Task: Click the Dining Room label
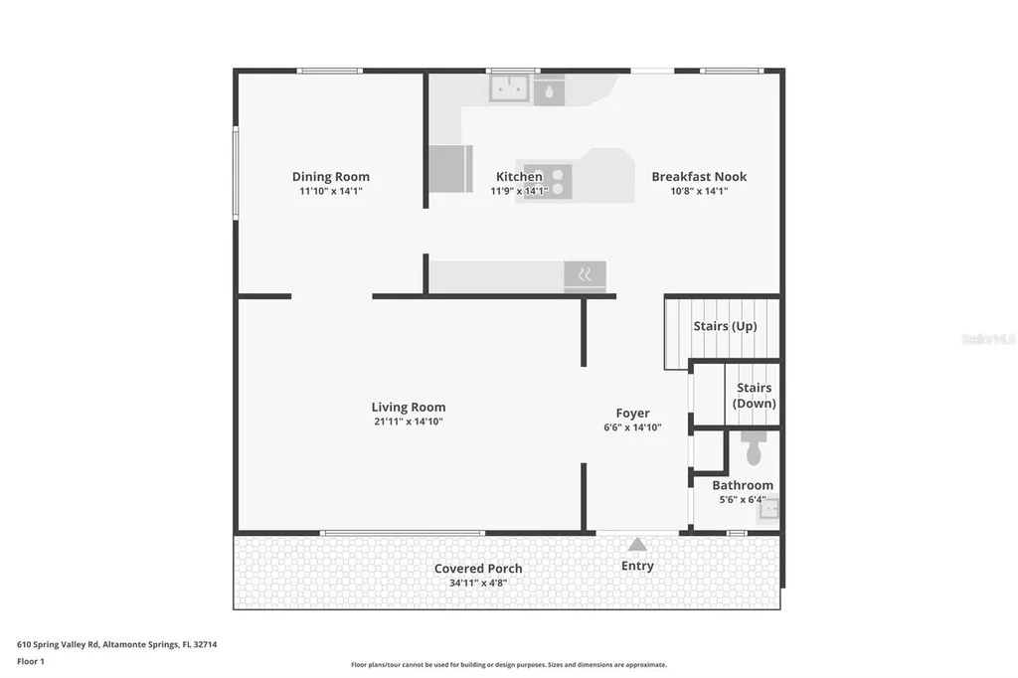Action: [330, 177]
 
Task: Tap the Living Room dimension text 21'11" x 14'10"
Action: [408, 422]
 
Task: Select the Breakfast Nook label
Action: [699, 177]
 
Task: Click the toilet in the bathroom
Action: [752, 448]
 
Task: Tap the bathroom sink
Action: [768, 510]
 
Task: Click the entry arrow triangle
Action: [637, 545]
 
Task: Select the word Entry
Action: [637, 566]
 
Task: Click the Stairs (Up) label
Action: [725, 326]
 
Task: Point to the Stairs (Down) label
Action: [754, 396]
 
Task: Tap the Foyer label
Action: [632, 414]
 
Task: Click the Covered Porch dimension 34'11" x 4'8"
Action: [478, 584]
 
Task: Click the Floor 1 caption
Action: [32, 661]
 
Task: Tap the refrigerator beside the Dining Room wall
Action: [450, 168]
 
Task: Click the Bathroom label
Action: [742, 485]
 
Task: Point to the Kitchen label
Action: [519, 177]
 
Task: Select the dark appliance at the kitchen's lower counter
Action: [585, 275]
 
